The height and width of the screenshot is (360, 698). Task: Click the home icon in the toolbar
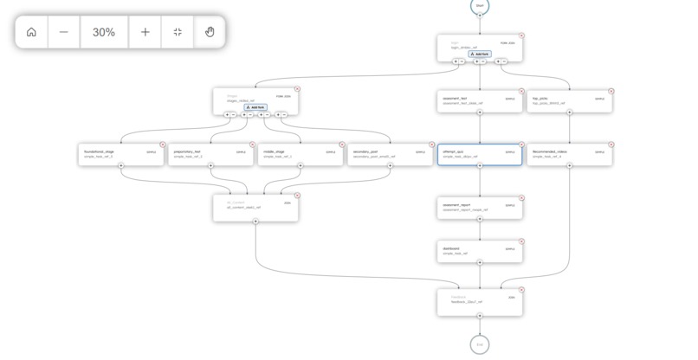pos(31,32)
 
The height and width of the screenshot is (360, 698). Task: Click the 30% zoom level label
pos(104,32)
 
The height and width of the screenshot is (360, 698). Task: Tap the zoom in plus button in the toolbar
pos(145,32)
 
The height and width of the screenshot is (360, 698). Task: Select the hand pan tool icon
pos(209,32)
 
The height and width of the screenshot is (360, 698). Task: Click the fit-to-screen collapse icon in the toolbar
pos(178,32)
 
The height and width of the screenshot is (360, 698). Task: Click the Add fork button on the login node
pos(480,54)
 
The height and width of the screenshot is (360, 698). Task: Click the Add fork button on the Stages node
pos(255,107)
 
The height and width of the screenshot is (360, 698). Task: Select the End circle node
pos(480,344)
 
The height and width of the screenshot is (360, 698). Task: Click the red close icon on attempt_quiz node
pos(521,145)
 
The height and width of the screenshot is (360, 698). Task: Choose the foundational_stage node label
pos(99,151)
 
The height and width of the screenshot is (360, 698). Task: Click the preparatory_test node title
pos(187,151)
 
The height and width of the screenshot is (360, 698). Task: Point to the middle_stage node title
pos(275,151)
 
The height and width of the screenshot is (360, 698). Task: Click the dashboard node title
pos(452,248)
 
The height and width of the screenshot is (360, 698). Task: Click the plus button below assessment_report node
pos(480,219)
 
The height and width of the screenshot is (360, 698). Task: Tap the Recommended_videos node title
pos(550,151)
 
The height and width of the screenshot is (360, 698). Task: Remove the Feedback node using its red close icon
pos(521,290)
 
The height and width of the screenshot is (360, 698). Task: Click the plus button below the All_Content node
pos(255,221)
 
